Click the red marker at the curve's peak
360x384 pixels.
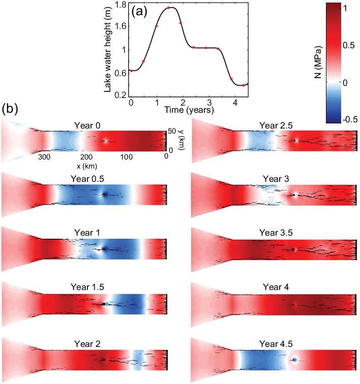coord(168,8)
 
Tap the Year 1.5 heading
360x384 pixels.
coord(85,286)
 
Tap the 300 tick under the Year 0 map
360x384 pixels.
coord(44,157)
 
